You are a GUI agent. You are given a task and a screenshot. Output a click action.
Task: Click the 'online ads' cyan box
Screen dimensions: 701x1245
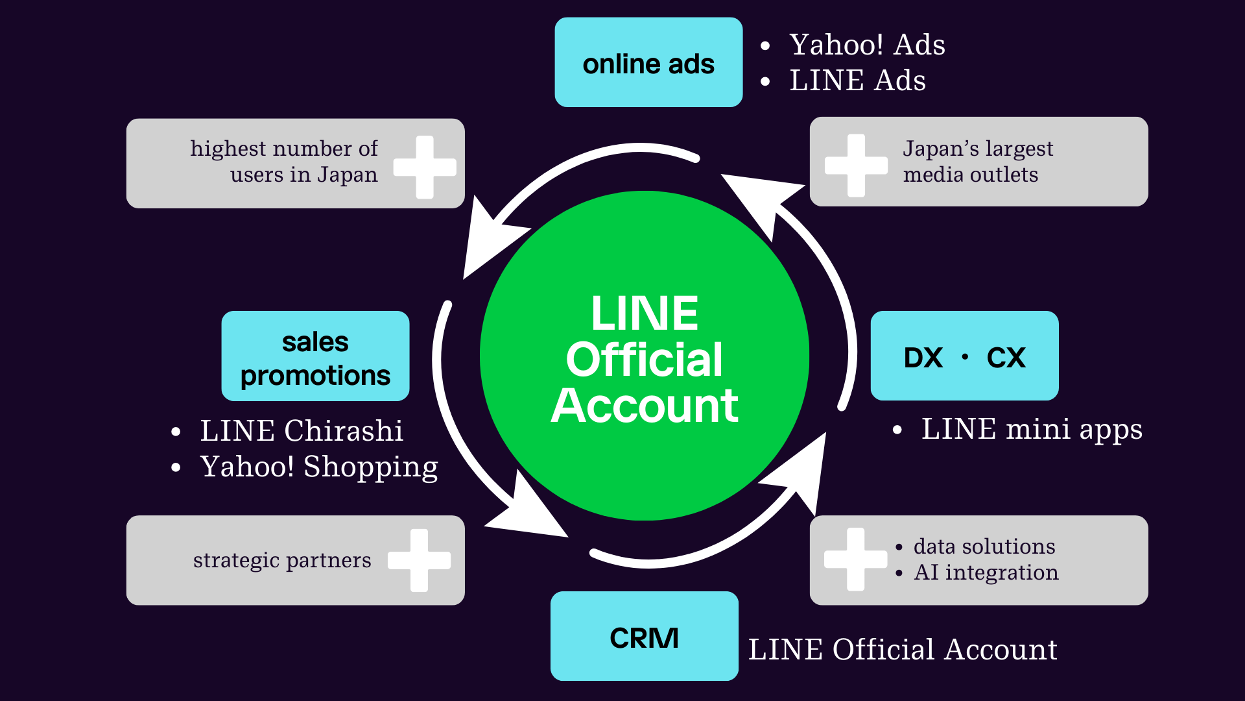point(648,62)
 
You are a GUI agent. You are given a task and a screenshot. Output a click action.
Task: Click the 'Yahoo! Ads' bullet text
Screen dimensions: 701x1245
point(867,45)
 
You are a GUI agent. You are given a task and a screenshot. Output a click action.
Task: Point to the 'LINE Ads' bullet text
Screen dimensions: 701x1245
point(857,80)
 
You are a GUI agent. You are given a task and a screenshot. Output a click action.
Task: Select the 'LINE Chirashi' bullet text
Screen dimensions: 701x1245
point(302,431)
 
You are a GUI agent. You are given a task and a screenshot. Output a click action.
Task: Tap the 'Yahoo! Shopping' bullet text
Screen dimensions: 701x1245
point(319,467)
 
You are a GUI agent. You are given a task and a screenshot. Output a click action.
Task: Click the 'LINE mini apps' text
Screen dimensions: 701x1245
point(1032,430)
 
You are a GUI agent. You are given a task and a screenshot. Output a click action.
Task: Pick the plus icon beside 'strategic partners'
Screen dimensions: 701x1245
point(419,560)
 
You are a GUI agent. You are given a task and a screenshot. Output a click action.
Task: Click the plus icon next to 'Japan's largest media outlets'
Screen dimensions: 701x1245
point(856,166)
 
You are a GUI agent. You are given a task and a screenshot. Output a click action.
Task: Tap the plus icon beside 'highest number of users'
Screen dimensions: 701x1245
point(425,167)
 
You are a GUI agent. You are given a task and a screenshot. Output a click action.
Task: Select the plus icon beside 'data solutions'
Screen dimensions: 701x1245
point(855,559)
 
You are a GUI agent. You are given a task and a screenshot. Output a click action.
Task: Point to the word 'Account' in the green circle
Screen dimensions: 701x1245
point(645,406)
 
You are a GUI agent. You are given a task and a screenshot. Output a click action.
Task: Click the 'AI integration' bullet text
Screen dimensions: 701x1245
point(986,572)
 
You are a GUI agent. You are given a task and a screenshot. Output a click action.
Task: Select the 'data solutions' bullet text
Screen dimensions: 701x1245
point(984,547)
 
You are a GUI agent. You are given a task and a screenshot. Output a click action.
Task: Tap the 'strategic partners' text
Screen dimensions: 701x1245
point(282,560)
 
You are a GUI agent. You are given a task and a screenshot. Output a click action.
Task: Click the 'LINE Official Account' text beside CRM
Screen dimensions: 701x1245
point(903,650)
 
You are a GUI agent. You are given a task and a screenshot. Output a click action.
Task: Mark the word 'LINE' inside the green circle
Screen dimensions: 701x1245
point(645,314)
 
